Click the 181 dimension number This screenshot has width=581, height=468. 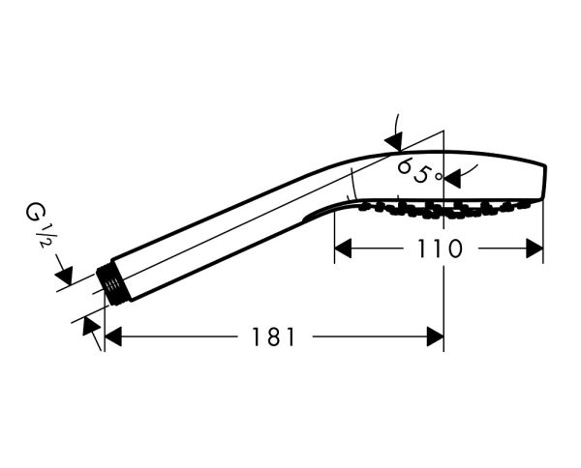(x=273, y=336)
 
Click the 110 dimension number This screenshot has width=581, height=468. (x=441, y=249)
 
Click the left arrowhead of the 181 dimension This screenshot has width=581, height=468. (x=113, y=336)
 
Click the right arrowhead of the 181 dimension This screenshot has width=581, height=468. (x=436, y=336)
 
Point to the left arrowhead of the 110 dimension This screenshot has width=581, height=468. (x=343, y=249)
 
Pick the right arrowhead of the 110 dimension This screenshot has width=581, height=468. (x=535, y=249)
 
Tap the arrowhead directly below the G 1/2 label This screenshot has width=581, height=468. (x=64, y=275)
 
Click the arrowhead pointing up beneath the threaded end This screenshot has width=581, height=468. (x=90, y=326)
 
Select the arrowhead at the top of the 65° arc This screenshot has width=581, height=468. (x=394, y=142)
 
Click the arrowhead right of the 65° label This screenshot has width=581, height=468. (x=453, y=179)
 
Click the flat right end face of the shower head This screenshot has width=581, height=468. (x=544, y=183)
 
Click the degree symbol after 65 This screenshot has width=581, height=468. (x=439, y=177)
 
